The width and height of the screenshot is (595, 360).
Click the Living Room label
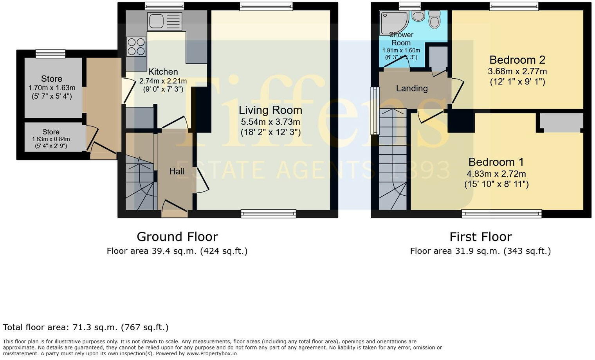[270, 110]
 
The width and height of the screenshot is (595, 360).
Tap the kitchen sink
[164, 21]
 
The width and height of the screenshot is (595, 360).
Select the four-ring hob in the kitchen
[136, 47]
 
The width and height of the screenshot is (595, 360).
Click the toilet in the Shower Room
[434, 19]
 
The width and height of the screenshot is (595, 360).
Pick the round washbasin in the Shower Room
[418, 16]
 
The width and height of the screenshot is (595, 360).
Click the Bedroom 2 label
[517, 60]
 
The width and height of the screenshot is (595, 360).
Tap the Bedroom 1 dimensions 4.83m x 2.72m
[496, 174]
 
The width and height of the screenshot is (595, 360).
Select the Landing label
[411, 88]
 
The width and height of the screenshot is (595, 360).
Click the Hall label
[177, 171]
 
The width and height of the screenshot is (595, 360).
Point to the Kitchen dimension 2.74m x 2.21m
[163, 81]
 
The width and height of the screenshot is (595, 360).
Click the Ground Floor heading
[177, 237]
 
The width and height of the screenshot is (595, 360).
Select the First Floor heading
[480, 237]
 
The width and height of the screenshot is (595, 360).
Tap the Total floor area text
[86, 327]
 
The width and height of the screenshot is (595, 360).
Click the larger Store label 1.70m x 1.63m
[52, 79]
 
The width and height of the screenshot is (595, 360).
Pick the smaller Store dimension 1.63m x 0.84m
[51, 139]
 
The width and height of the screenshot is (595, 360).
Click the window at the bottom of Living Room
[268, 214]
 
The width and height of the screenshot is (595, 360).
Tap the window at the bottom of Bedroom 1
[501, 214]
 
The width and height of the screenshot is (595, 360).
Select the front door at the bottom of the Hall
[174, 213]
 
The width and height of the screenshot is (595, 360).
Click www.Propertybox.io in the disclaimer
[211, 353]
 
